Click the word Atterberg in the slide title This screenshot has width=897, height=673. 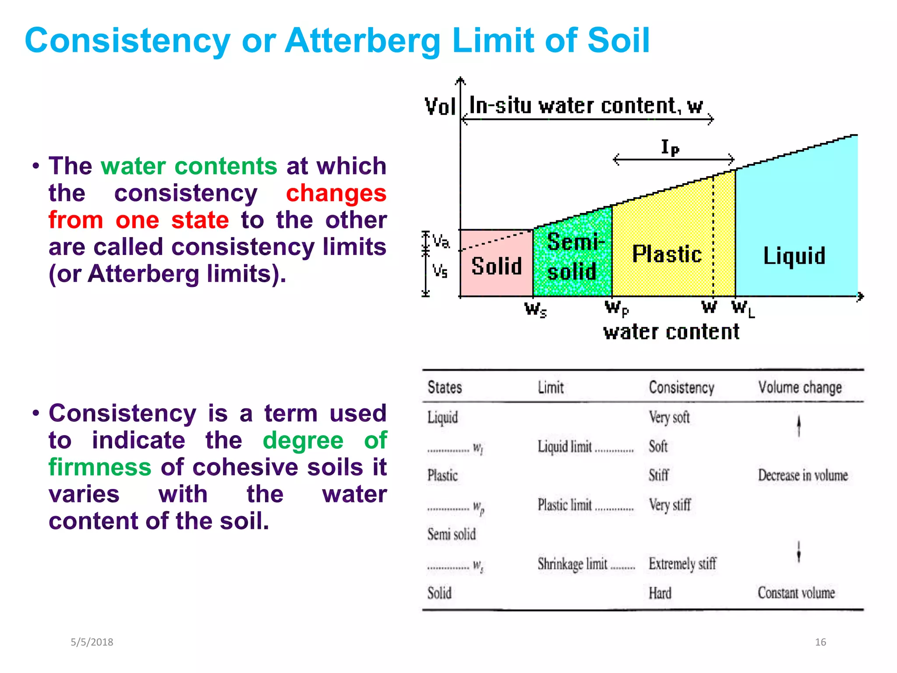(x=363, y=41)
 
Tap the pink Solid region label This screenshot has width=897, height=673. (x=497, y=266)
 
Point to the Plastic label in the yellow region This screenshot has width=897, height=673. (x=667, y=255)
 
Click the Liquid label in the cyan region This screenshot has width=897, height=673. (x=794, y=256)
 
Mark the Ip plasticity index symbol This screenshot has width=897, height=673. (x=670, y=148)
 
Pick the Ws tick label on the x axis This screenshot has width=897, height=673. (x=536, y=309)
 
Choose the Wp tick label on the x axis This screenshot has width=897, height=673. (x=617, y=308)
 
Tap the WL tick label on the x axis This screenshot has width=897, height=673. (x=743, y=308)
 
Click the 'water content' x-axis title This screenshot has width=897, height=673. (x=671, y=332)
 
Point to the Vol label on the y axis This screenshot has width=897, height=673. (x=440, y=106)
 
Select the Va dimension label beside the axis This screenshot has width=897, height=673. (x=441, y=241)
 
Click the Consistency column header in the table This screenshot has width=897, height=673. (x=682, y=388)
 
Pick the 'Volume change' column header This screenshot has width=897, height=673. (x=800, y=388)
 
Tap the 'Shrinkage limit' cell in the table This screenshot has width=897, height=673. (x=572, y=564)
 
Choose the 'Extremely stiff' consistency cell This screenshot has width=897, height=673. (x=682, y=564)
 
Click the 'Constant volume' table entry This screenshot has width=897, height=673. (x=796, y=593)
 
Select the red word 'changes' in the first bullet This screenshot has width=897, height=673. (x=336, y=193)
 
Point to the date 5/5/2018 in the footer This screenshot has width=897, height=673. (x=92, y=642)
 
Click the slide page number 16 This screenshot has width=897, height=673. (x=820, y=642)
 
